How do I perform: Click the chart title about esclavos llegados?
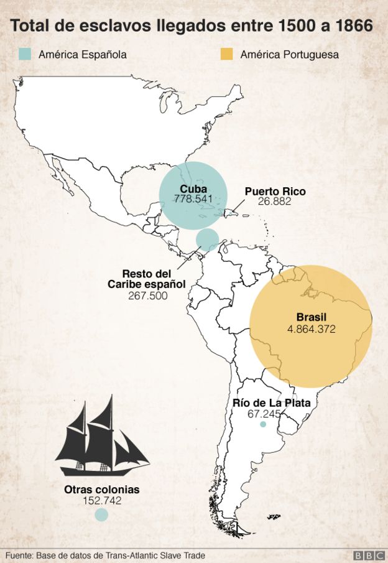192,26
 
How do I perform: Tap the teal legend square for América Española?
25,54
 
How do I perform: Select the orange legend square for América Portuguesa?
226,54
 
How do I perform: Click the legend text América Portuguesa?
289,55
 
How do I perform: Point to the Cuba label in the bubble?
193,189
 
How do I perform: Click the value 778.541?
193,200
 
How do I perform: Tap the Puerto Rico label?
275,192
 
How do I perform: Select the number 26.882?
274,202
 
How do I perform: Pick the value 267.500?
147,296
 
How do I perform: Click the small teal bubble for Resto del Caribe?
207,239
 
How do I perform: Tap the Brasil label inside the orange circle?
311,317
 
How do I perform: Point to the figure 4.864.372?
311,328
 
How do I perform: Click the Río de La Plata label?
271,403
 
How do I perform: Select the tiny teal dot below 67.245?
263,424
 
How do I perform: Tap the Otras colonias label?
101,490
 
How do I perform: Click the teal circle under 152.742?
101,514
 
